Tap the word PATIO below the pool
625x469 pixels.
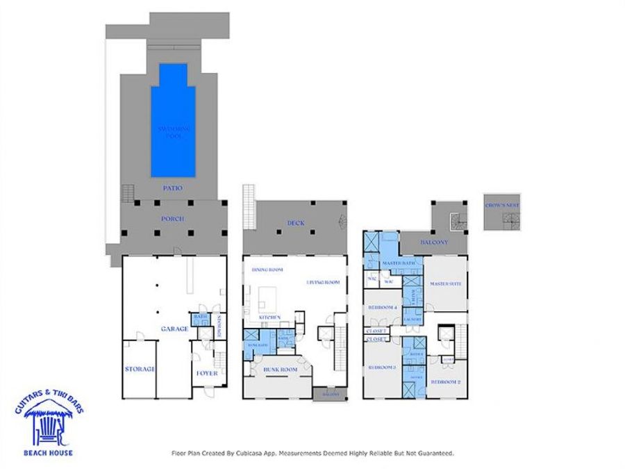(173, 188)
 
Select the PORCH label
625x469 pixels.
(173, 219)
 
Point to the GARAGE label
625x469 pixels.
(174, 329)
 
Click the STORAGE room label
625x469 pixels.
(139, 368)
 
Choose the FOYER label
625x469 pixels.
(207, 373)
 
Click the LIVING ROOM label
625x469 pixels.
(323, 281)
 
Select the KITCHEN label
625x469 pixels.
(269, 317)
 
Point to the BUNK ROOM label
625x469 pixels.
(280, 370)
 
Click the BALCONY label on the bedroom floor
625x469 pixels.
(434, 242)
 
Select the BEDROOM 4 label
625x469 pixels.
(383, 306)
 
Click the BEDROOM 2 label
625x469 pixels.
(445, 381)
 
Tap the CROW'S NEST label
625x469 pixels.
(502, 205)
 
